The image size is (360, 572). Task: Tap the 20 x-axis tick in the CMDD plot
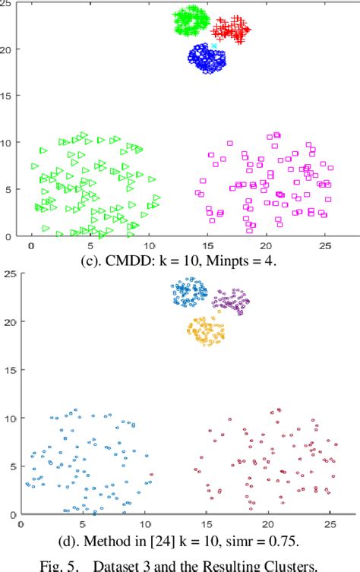(x=266, y=246)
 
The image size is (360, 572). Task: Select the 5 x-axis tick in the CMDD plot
(x=90, y=246)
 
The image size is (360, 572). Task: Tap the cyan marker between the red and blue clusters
(x=214, y=46)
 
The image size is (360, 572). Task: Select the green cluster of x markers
(x=191, y=21)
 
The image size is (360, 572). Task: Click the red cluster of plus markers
(x=231, y=30)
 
